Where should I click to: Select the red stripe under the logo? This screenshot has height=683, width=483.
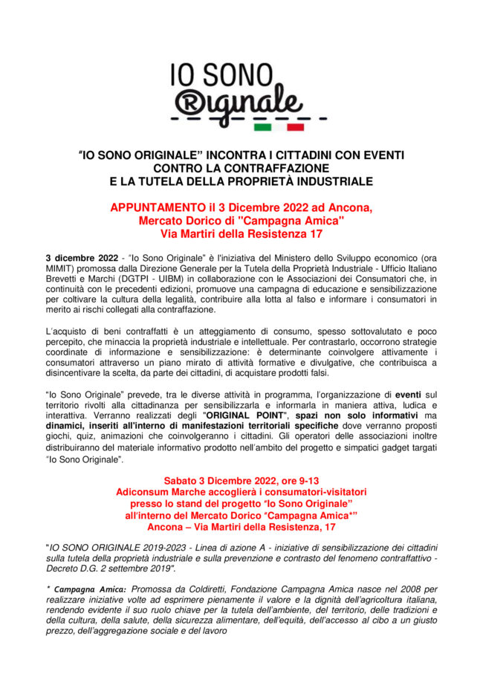(294, 127)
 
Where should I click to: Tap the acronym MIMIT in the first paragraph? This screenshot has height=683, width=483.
(60, 268)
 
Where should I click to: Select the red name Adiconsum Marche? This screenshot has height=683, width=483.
(159, 492)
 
